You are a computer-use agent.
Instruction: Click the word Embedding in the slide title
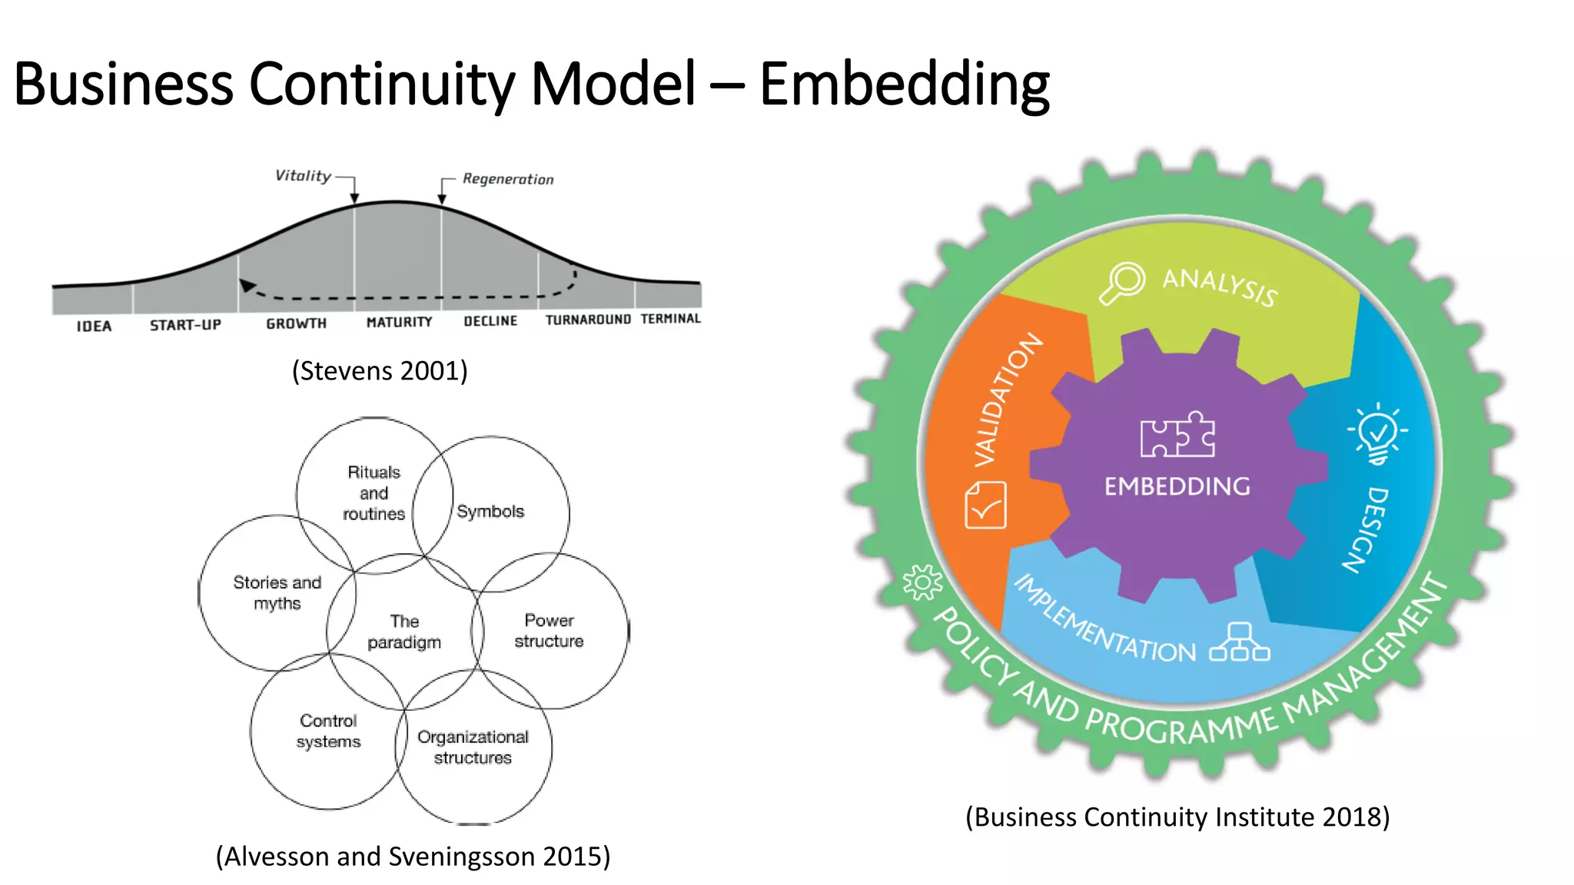(904, 85)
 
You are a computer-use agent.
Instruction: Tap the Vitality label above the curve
(303, 176)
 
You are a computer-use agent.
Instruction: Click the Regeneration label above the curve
(507, 179)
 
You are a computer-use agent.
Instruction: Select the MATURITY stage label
(399, 322)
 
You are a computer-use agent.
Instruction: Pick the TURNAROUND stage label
(588, 320)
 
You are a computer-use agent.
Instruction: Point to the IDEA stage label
(94, 326)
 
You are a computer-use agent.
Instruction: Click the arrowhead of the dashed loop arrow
(247, 286)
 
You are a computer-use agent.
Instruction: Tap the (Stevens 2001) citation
(380, 371)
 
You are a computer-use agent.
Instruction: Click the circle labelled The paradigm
(404, 631)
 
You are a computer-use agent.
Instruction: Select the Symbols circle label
(490, 512)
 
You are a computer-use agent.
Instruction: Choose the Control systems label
(328, 731)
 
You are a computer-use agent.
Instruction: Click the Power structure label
(549, 631)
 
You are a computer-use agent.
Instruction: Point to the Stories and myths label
(277, 592)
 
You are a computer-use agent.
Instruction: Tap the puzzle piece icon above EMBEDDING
(1177, 436)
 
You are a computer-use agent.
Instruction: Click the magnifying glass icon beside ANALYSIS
(1122, 283)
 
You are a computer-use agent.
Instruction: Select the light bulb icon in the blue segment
(1377, 433)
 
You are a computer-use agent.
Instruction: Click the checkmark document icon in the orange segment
(985, 505)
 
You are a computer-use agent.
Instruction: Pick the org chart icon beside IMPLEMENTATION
(1239, 643)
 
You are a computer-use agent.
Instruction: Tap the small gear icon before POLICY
(922, 582)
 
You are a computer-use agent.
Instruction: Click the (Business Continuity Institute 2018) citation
(1177, 817)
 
